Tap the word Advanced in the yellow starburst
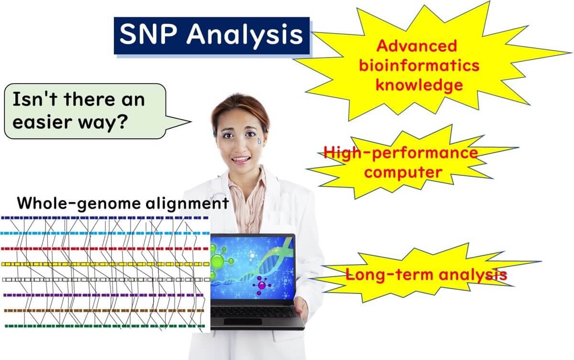click(x=417, y=45)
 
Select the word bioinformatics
click(x=419, y=66)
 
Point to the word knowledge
click(x=419, y=85)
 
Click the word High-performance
click(x=401, y=153)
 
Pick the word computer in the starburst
click(x=403, y=172)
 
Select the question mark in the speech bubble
click(x=121, y=121)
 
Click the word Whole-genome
click(x=79, y=203)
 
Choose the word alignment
click(x=188, y=203)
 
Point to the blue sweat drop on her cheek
click(x=260, y=141)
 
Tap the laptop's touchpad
click(x=243, y=321)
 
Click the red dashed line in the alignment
click(x=105, y=248)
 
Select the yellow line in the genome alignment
click(x=105, y=264)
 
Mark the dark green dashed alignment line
click(x=105, y=326)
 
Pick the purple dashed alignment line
click(x=103, y=295)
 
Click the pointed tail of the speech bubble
click(x=191, y=122)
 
